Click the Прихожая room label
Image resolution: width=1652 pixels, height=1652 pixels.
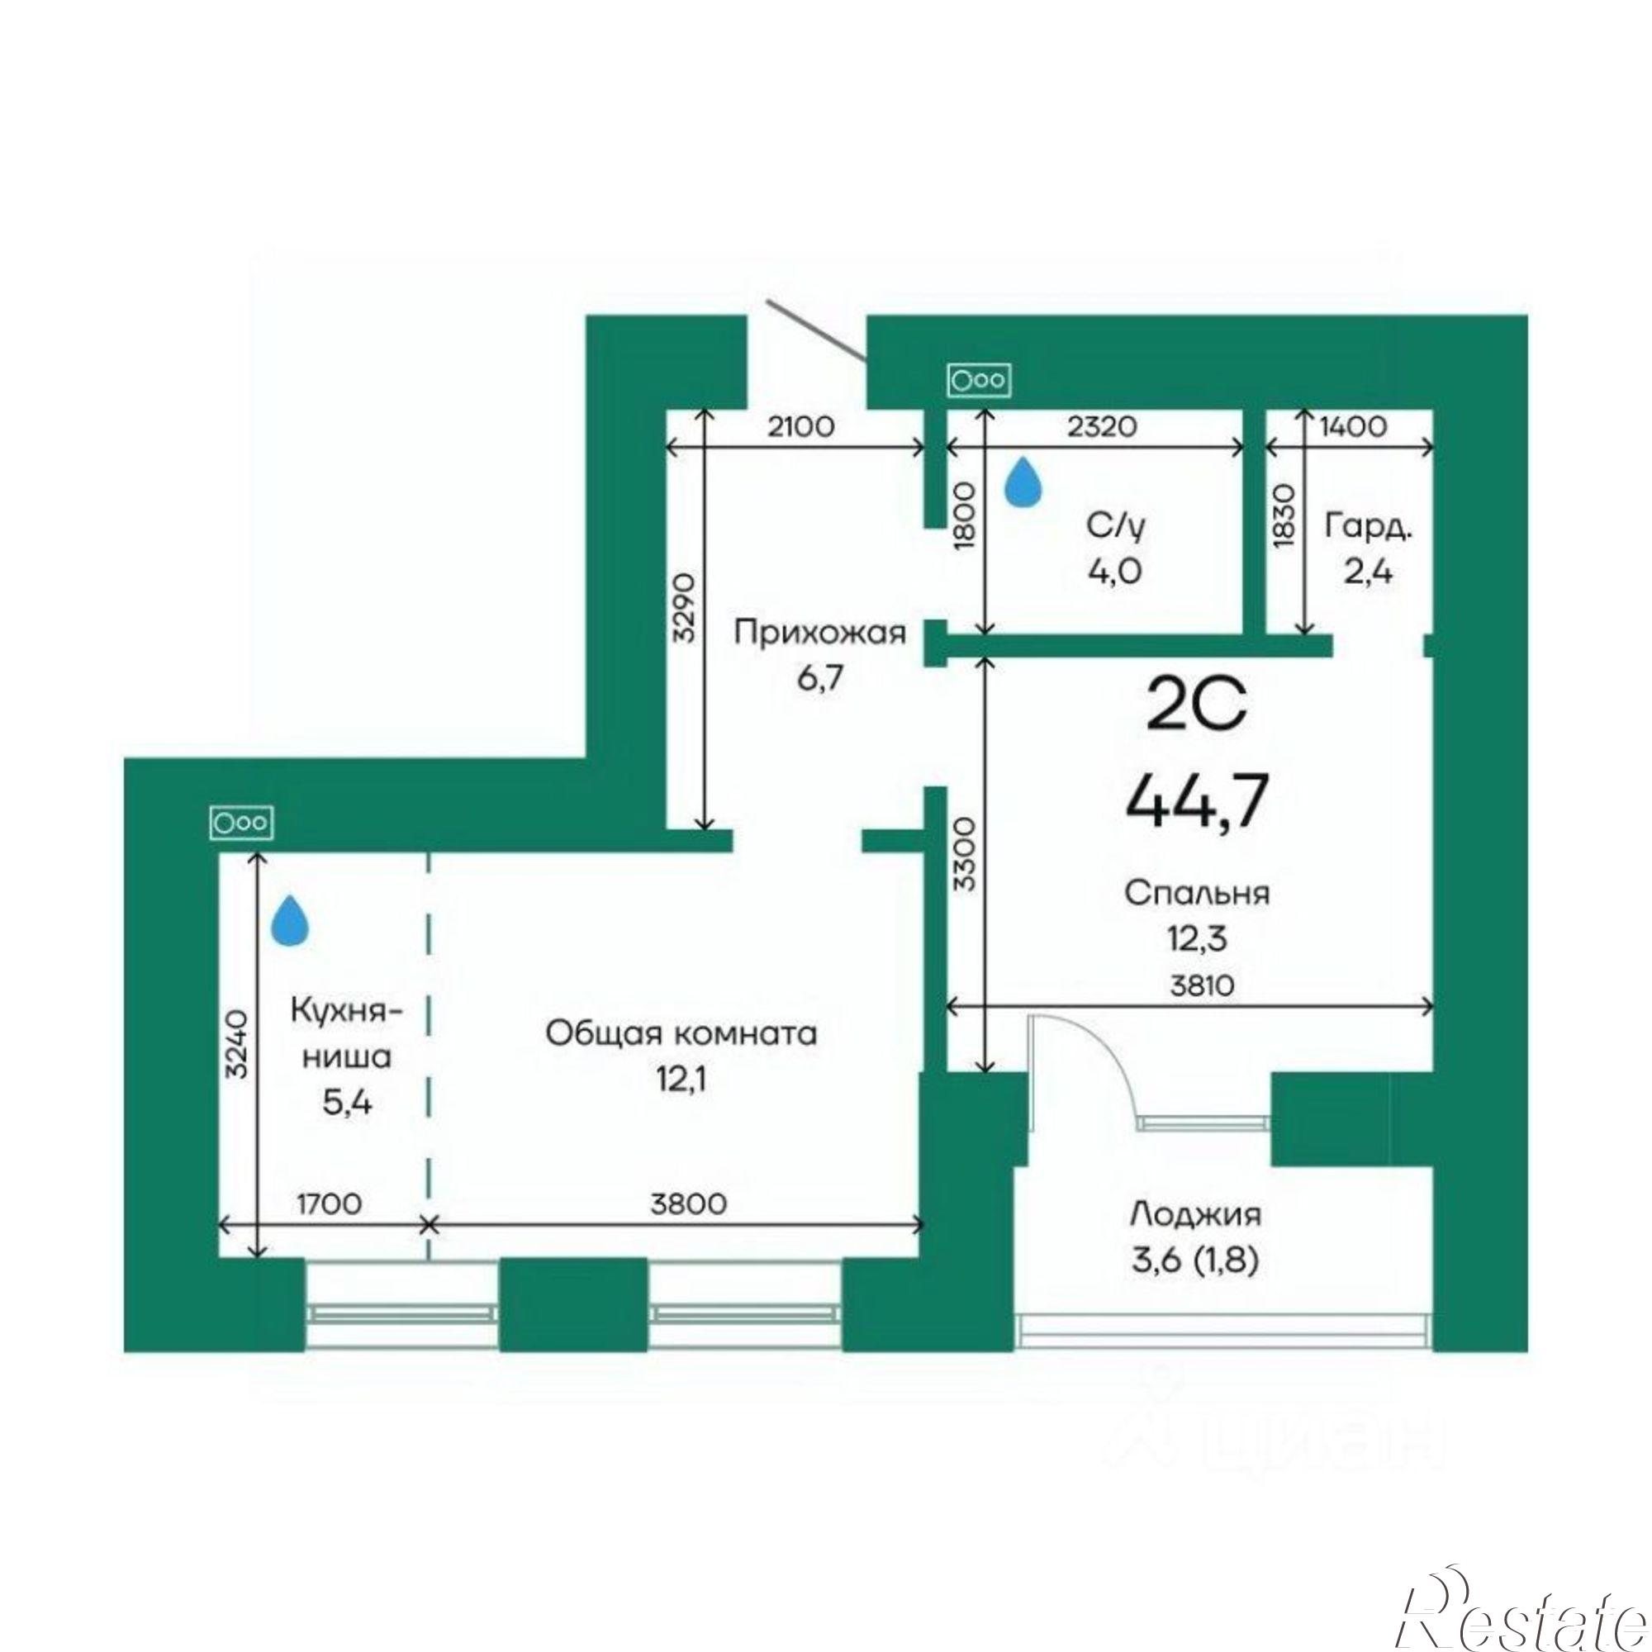point(819,635)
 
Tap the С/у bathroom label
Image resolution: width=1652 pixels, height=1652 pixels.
point(1115,528)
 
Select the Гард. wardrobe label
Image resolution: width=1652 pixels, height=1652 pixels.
point(1367,527)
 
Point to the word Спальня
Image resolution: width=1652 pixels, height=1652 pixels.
point(1197,893)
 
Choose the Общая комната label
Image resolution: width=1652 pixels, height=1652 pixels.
point(681,1034)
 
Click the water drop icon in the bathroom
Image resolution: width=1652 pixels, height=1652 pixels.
point(1023,481)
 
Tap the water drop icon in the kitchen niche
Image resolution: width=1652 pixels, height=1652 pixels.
point(290,920)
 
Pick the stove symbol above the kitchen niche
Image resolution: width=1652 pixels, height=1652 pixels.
point(242,823)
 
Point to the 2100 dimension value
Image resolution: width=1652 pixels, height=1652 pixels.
point(800,427)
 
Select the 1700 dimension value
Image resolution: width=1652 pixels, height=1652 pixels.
point(330,1203)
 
